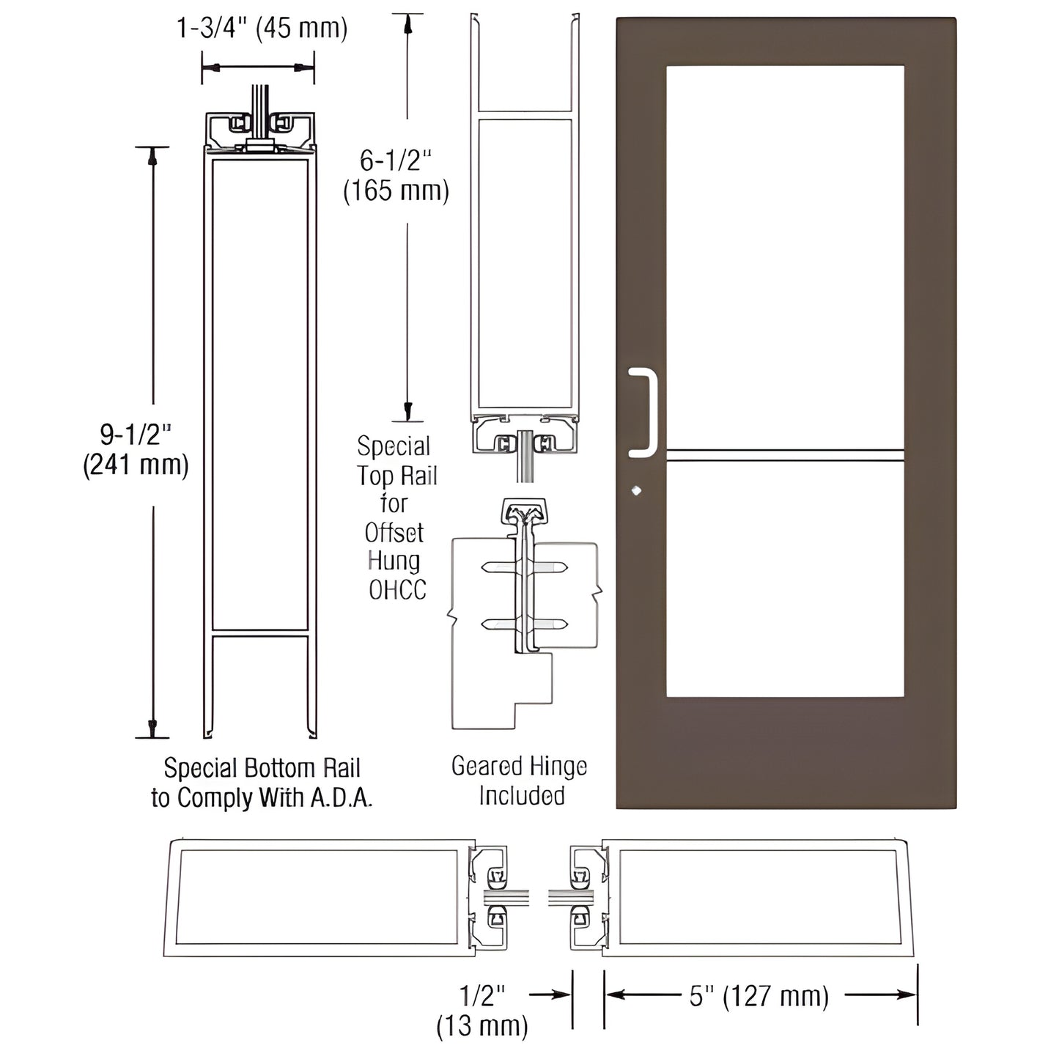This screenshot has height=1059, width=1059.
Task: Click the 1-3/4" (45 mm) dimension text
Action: pos(262,28)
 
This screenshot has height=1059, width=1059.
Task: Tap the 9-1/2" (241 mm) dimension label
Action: pos(136,450)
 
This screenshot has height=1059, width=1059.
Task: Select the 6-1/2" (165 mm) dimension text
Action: pos(396,175)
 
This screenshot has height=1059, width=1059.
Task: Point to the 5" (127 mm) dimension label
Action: pos(759,996)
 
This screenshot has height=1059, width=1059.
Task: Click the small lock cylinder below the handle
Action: pos(635,490)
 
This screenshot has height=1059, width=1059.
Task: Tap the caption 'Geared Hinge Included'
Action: pos(520,781)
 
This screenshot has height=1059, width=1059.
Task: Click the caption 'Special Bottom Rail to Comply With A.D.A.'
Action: pos(262,783)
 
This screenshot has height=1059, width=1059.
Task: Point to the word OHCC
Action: pos(397,590)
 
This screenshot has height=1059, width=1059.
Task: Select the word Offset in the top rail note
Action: pos(394,533)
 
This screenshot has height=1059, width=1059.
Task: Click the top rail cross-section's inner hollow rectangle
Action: pos(524,264)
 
